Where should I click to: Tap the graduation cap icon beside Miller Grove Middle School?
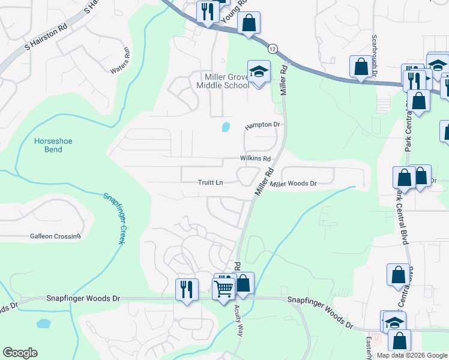click(259, 72)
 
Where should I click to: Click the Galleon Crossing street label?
click(55, 236)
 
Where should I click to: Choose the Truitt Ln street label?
click(211, 182)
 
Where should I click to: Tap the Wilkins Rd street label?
click(256, 158)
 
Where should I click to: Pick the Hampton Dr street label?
click(262, 125)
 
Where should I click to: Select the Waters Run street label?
click(120, 61)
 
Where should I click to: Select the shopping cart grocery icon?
click(224, 288)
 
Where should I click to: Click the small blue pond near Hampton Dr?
click(226, 127)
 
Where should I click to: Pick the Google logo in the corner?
click(20, 353)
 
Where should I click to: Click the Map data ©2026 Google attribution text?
click(411, 355)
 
